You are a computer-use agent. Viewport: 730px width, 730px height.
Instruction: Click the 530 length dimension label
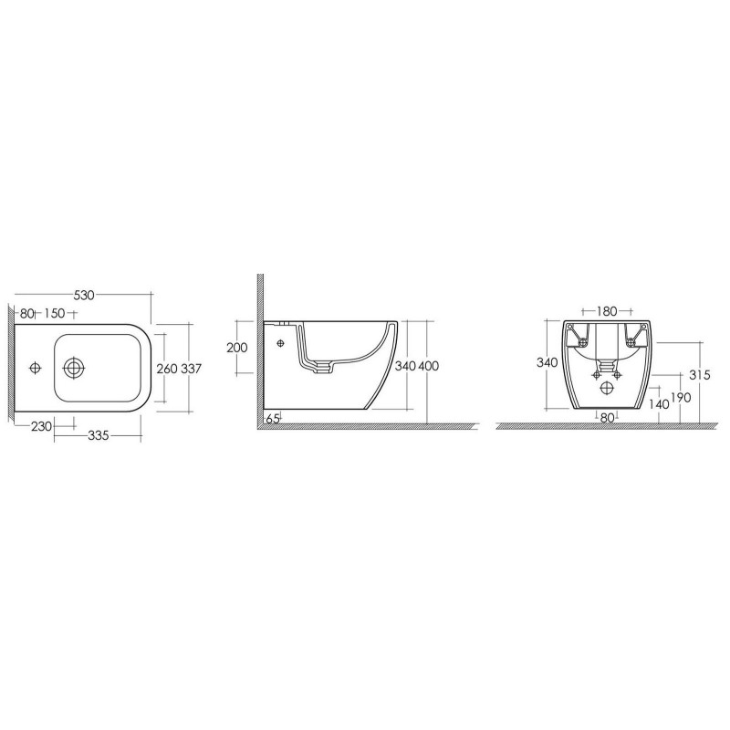pos(84,295)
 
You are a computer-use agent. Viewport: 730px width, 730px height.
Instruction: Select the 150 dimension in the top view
pos(55,313)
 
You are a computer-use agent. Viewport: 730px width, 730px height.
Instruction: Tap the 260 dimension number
pos(167,369)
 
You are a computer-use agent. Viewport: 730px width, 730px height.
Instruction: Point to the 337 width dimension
pos(191,369)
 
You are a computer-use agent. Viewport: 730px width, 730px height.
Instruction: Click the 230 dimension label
pos(41,426)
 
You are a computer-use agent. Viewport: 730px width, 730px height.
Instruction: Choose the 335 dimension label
pos(99,436)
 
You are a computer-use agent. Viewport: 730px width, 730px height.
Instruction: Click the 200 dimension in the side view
pos(237,348)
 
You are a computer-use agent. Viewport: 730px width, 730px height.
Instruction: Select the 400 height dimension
pos(428,367)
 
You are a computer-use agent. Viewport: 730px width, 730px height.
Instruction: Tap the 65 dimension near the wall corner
pos(273,419)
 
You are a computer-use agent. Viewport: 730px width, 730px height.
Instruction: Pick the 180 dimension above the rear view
pos(607,311)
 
